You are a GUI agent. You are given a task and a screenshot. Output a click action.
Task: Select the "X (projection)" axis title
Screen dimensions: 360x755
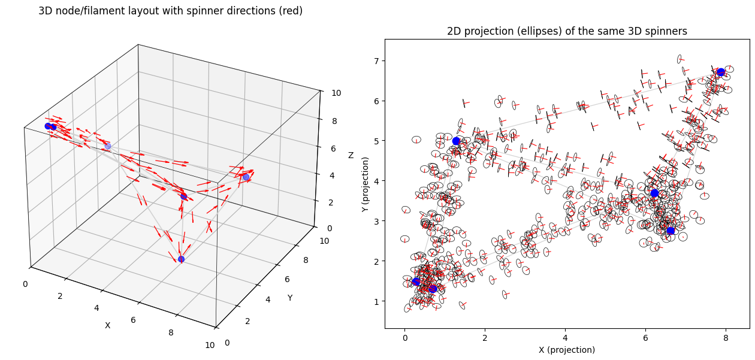click(567, 350)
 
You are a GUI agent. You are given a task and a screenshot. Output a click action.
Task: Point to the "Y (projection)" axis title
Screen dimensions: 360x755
click(365, 184)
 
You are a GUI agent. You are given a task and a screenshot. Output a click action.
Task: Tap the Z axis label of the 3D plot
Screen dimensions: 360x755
click(351, 156)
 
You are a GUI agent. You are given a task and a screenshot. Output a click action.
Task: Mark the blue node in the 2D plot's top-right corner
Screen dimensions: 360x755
click(721, 72)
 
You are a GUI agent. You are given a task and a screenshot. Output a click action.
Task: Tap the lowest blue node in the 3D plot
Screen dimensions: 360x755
click(181, 259)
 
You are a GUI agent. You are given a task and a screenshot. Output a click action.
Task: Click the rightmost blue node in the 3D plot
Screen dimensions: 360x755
click(246, 177)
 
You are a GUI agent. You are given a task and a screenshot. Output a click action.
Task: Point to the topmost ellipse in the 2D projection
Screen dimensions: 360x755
click(679, 59)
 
